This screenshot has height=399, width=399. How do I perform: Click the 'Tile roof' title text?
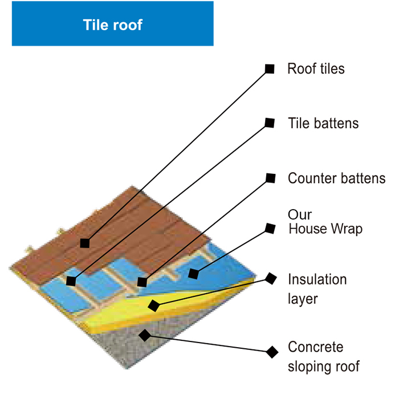(x=112, y=25)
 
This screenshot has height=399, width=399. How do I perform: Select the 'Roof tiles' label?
(x=316, y=69)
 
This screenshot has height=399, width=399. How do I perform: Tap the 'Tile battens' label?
(x=323, y=123)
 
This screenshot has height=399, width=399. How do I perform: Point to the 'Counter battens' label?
(x=337, y=178)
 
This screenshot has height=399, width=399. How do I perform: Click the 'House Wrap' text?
(x=325, y=229)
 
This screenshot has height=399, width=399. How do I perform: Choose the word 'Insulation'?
(x=317, y=279)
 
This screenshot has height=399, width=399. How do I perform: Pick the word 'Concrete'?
(x=316, y=347)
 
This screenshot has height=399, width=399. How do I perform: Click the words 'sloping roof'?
(x=324, y=367)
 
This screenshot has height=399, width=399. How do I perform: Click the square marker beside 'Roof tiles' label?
(x=270, y=69)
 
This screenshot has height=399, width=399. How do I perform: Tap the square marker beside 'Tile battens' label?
(x=270, y=123)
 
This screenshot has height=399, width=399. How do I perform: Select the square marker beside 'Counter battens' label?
(x=271, y=178)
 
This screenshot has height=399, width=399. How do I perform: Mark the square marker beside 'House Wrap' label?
(x=270, y=228)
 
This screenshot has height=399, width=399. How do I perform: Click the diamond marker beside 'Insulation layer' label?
(x=271, y=279)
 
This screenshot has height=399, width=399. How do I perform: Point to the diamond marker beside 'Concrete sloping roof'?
(x=272, y=352)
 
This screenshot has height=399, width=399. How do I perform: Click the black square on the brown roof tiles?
(x=85, y=243)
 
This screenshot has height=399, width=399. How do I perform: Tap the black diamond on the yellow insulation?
(x=154, y=306)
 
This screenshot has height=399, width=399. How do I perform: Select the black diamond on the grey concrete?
(x=145, y=335)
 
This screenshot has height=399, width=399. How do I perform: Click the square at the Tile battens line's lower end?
(x=71, y=281)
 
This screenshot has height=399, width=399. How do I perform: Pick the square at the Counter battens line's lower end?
(x=142, y=282)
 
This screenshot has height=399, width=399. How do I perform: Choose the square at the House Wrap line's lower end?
(x=193, y=274)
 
